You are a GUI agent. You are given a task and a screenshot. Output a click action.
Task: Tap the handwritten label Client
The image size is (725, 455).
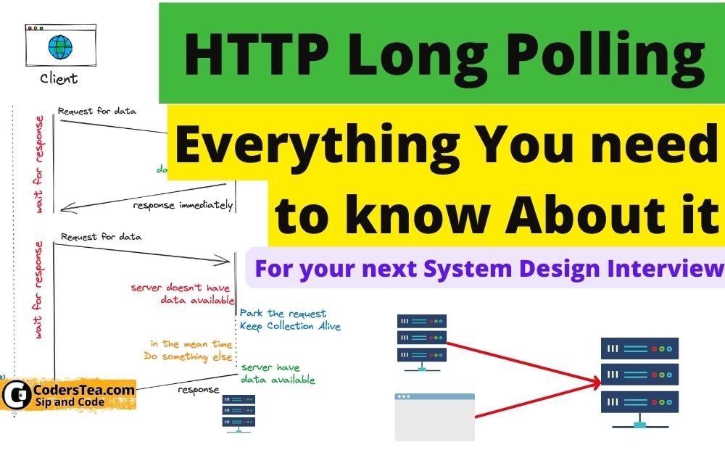[59, 78]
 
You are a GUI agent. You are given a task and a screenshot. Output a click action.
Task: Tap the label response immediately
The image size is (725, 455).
[183, 205]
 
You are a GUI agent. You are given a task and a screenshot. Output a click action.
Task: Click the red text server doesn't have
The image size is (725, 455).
[182, 288]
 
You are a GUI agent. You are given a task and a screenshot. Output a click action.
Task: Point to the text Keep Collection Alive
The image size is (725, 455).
[290, 326]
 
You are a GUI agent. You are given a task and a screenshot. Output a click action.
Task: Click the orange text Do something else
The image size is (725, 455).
[188, 356]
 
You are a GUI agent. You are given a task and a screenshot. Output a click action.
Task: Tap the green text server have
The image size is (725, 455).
[270, 367]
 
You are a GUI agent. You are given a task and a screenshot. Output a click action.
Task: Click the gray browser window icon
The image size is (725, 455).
[434, 417]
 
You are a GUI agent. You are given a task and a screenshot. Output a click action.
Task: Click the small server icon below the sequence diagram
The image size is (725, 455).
[239, 413]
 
